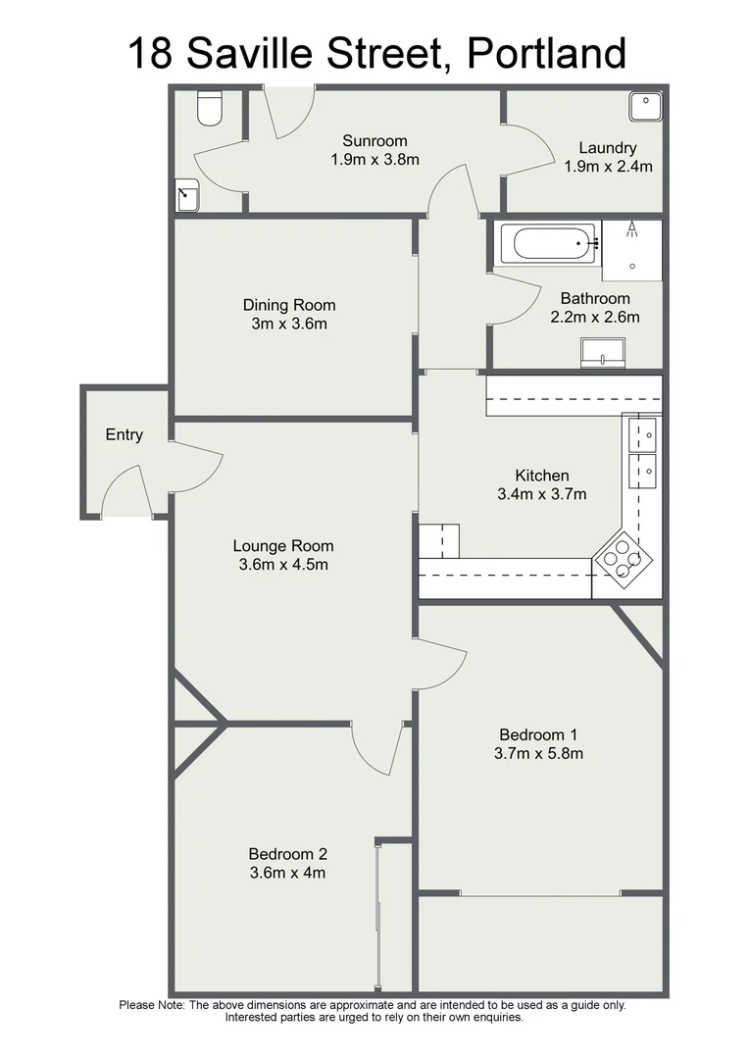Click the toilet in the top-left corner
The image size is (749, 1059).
pyautogui.click(x=210, y=109)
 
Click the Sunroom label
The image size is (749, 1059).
pyautogui.click(x=374, y=141)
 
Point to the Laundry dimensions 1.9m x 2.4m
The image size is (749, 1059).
pyautogui.click(x=608, y=167)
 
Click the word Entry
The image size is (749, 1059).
pyautogui.click(x=125, y=434)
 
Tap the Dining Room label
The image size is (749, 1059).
pyautogui.click(x=289, y=305)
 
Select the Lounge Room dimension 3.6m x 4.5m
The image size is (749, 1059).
pyautogui.click(x=283, y=565)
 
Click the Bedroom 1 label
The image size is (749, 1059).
pyautogui.click(x=539, y=734)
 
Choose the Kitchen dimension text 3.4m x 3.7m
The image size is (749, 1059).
pyautogui.click(x=541, y=494)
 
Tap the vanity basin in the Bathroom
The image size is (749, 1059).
pyautogui.click(x=603, y=352)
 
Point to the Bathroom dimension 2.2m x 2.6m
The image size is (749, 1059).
pyautogui.click(x=595, y=317)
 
